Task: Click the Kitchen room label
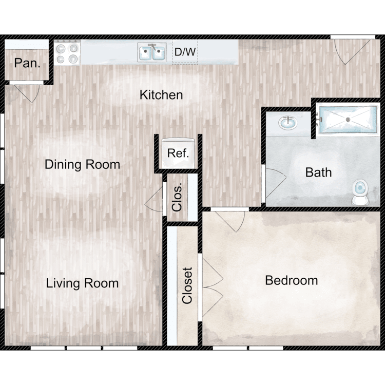coord(161,95)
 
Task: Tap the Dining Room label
coord(82,164)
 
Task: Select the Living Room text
coord(82,283)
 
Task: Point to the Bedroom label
coord(292,280)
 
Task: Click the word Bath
coord(318,172)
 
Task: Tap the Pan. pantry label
coord(27,63)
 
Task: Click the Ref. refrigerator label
coord(178,153)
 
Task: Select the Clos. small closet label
coord(177,197)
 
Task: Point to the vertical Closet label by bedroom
coord(187,285)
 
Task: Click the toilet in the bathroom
coord(360,192)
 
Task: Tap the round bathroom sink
coord(288,123)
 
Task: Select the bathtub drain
coord(348,120)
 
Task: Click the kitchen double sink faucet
coord(153,46)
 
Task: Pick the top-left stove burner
coord(61,49)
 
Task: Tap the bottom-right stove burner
coord(73,59)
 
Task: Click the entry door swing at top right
coord(353,52)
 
